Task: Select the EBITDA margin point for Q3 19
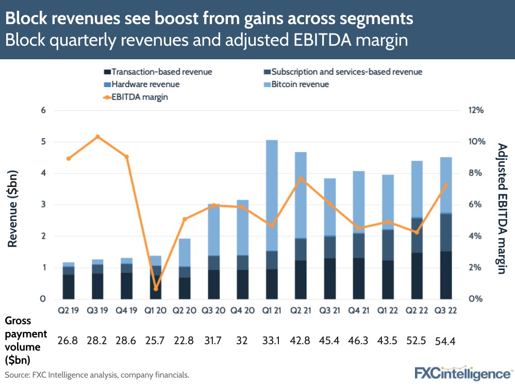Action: click(97, 137)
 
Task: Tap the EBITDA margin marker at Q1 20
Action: click(156, 289)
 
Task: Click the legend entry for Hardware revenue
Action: click(141, 84)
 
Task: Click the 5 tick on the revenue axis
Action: click(43, 142)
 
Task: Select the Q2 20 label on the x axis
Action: click(185, 310)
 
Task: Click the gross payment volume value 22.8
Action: click(185, 341)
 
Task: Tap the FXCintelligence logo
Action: click(463, 373)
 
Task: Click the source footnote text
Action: click(97, 375)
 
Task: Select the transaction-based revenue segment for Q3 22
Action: click(445, 275)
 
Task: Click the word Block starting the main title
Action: click(26, 19)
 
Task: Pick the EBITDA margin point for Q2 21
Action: click(301, 178)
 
